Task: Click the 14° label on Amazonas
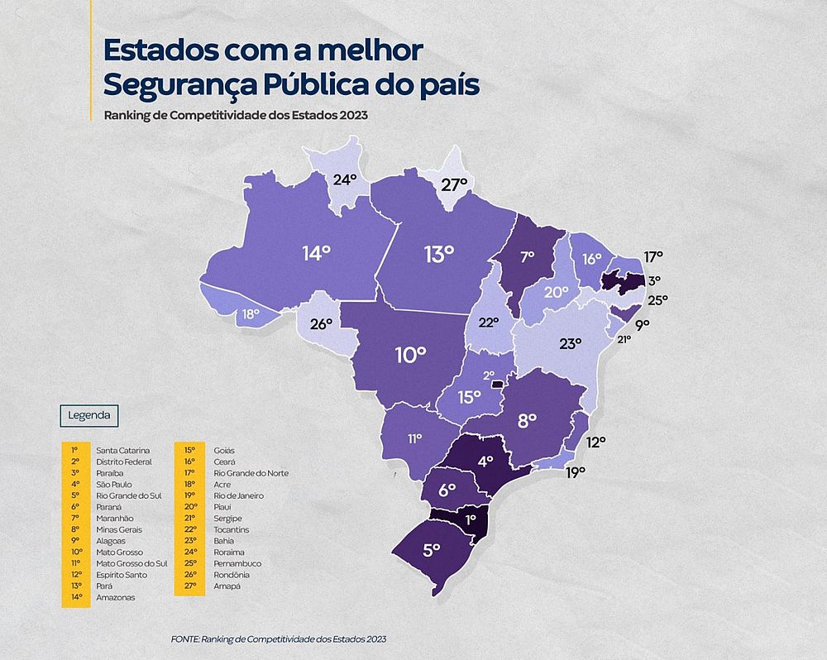click(x=316, y=253)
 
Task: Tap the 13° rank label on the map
click(x=439, y=254)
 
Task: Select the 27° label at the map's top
click(x=454, y=184)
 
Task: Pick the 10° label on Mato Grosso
click(x=410, y=356)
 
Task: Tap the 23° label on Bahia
click(x=571, y=344)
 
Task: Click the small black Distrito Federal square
click(x=497, y=384)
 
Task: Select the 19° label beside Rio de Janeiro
click(x=576, y=472)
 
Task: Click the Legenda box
click(x=83, y=414)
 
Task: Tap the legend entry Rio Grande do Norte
click(x=251, y=472)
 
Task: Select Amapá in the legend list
click(x=227, y=586)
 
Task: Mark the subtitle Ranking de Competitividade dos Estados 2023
click(x=236, y=115)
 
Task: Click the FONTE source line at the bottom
click(x=279, y=639)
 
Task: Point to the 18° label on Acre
click(x=251, y=314)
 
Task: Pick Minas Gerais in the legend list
click(x=119, y=529)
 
